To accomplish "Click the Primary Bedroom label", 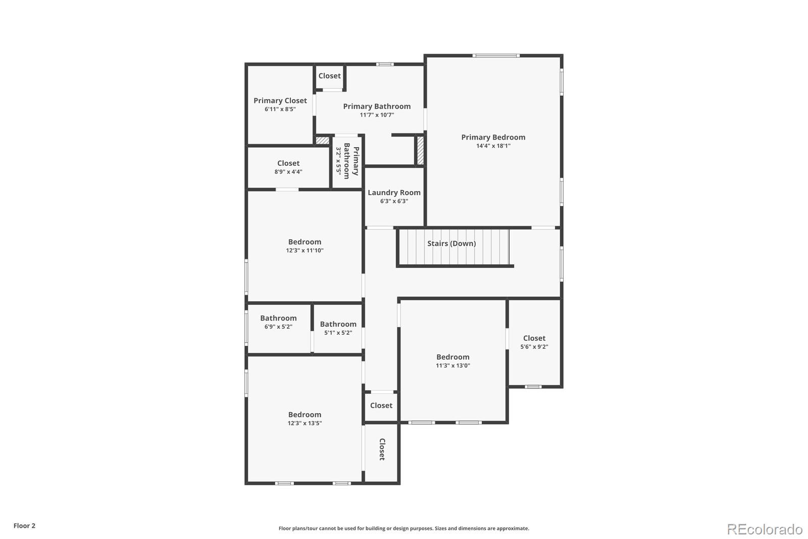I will [x=493, y=137].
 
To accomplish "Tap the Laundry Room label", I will [x=394, y=193].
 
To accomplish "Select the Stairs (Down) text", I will [x=451, y=243].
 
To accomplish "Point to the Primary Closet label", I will [x=280, y=101].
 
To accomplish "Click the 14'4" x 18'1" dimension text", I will [x=493, y=146].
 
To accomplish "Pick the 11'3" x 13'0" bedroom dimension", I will [x=452, y=366].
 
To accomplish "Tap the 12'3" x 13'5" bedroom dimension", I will [x=305, y=423].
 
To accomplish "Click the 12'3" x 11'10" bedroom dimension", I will [x=305, y=250].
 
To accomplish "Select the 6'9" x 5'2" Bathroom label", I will [x=278, y=318].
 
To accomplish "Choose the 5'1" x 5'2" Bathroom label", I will [x=338, y=324].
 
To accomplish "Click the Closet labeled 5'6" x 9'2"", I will [x=534, y=338].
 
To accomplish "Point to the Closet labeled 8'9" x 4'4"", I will [x=288, y=163].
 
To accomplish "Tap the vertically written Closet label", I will [x=382, y=449].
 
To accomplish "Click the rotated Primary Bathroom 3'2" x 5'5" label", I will [x=347, y=161].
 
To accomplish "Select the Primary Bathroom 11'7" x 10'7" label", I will [x=377, y=106].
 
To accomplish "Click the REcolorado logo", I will [x=764, y=529].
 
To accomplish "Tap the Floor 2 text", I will [x=24, y=526].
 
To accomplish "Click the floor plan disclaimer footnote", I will [x=403, y=528].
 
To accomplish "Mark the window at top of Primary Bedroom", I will [x=495, y=56].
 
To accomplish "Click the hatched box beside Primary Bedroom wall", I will [x=420, y=150].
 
